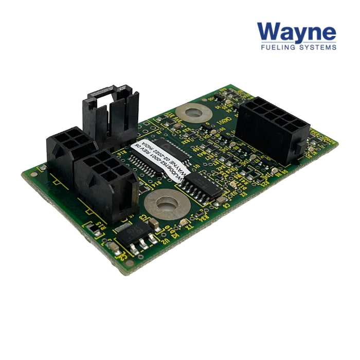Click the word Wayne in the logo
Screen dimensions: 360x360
tap(297, 32)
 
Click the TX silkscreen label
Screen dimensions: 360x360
tap(190, 226)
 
